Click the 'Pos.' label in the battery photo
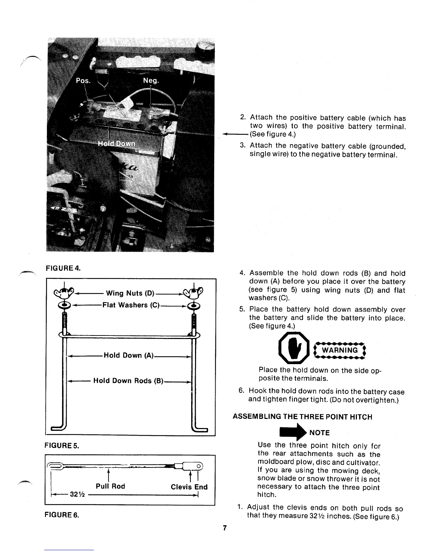(83, 81)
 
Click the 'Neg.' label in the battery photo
(151, 81)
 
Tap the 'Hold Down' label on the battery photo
(117, 144)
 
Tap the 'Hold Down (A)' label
(129, 355)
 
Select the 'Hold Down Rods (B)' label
(128, 381)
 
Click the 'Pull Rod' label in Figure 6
(110, 486)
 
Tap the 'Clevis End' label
(189, 487)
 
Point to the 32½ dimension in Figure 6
(76, 495)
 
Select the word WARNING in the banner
(339, 350)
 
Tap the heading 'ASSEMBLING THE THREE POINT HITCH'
(302, 417)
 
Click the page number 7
(225, 528)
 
